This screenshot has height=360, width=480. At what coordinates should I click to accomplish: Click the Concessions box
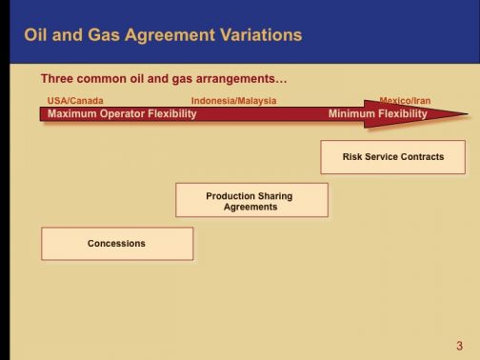click(116, 244)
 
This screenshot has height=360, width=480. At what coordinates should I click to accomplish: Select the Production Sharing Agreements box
click(251, 201)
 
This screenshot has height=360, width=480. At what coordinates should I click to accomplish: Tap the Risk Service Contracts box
click(392, 157)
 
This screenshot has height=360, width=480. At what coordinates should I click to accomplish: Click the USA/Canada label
click(75, 101)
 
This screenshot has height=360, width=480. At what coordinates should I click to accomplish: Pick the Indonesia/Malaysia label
click(233, 101)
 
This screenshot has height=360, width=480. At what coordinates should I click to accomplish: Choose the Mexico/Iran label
click(405, 101)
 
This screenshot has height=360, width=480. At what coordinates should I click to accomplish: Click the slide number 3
click(459, 345)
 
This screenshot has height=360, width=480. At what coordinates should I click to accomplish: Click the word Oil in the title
click(36, 35)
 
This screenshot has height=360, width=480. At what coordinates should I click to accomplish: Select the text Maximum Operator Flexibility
click(122, 114)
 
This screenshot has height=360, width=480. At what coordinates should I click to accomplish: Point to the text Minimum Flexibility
click(378, 114)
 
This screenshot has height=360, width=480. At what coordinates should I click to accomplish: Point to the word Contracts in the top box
click(422, 157)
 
